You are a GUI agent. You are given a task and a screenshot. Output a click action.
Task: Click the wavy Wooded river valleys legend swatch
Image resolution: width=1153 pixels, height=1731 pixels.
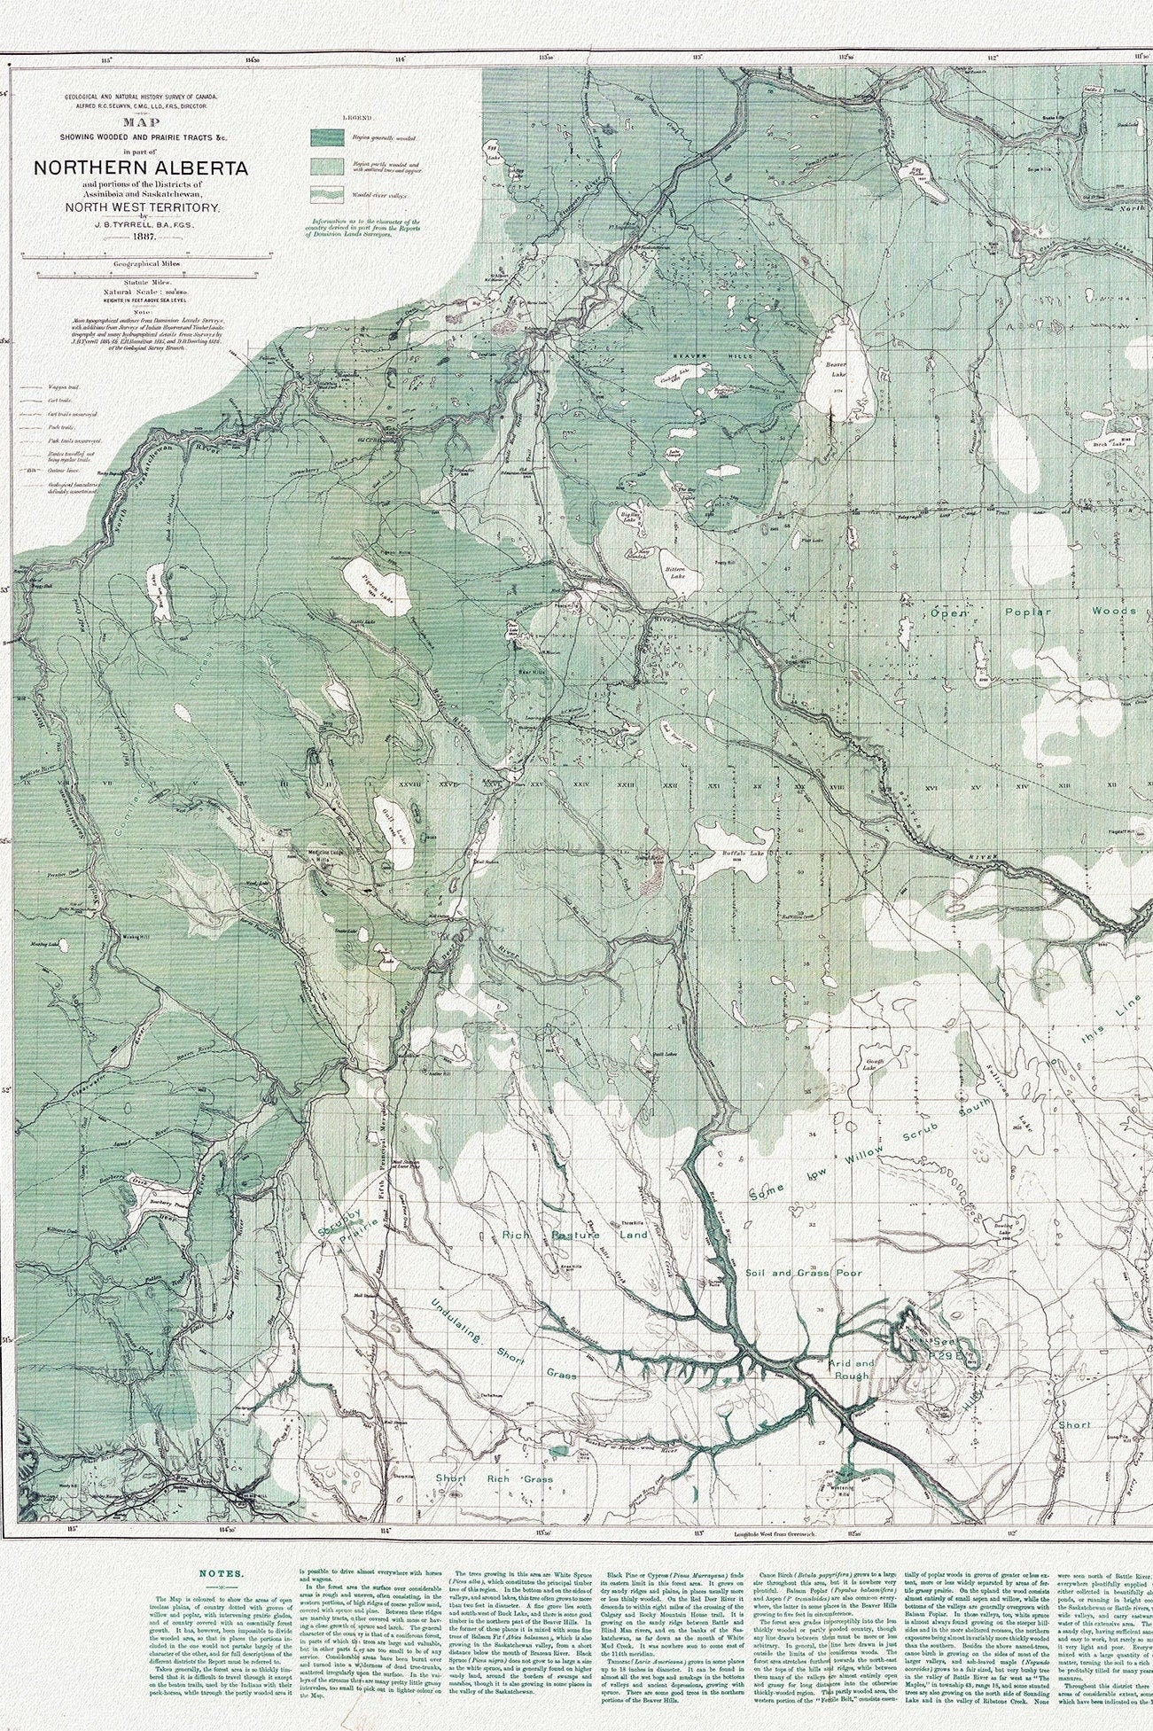[x=326, y=194]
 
